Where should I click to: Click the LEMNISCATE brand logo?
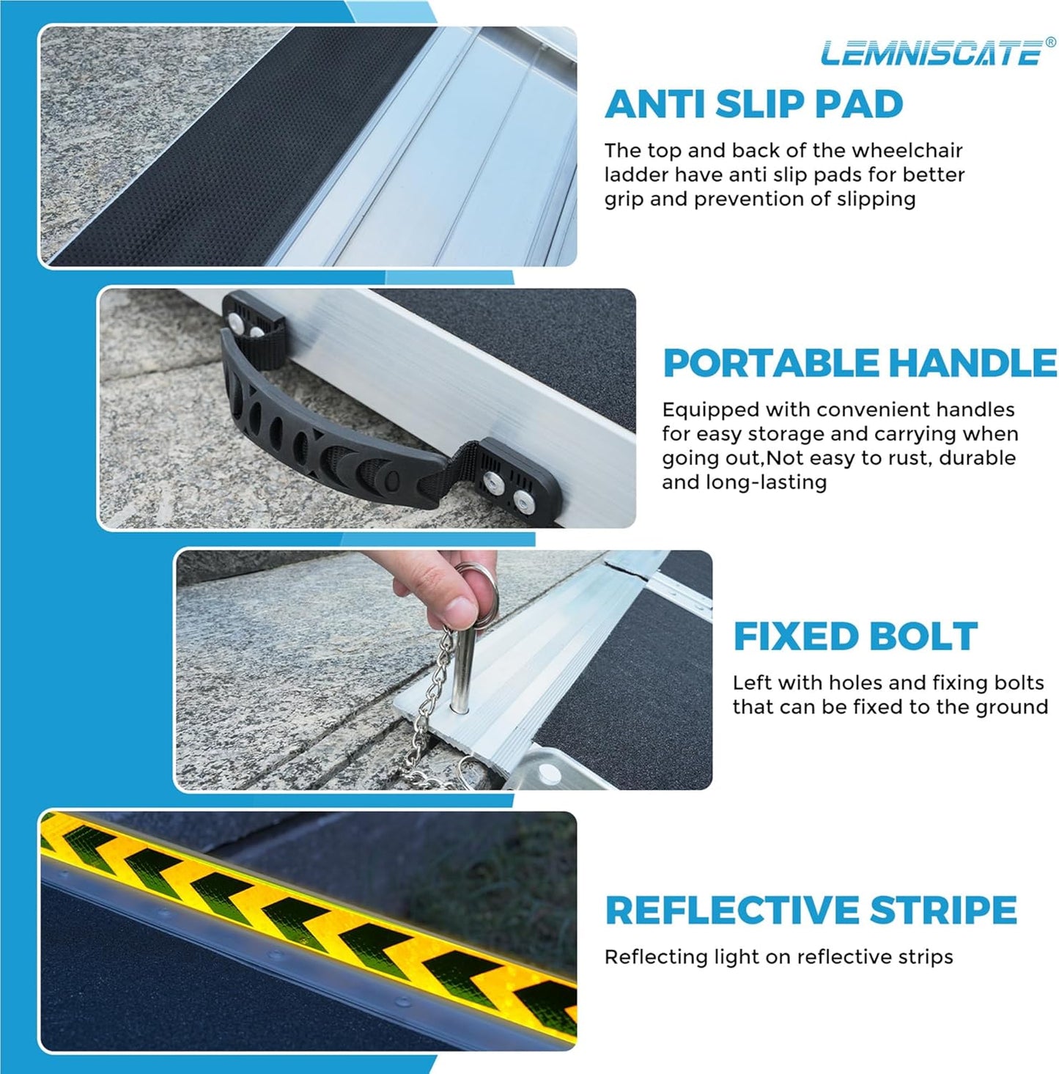pyautogui.click(x=931, y=54)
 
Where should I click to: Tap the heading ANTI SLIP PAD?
pyautogui.click(x=753, y=104)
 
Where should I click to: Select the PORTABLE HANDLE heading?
pyautogui.click(x=860, y=364)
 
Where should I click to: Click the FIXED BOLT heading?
pyautogui.click(x=855, y=636)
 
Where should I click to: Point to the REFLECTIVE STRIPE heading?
pyautogui.click(x=811, y=911)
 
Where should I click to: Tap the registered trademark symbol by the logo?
pyautogui.click(x=1050, y=43)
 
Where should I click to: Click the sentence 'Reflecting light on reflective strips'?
pyautogui.click(x=778, y=957)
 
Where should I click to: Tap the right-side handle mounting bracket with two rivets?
pyautogui.click(x=513, y=484)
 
